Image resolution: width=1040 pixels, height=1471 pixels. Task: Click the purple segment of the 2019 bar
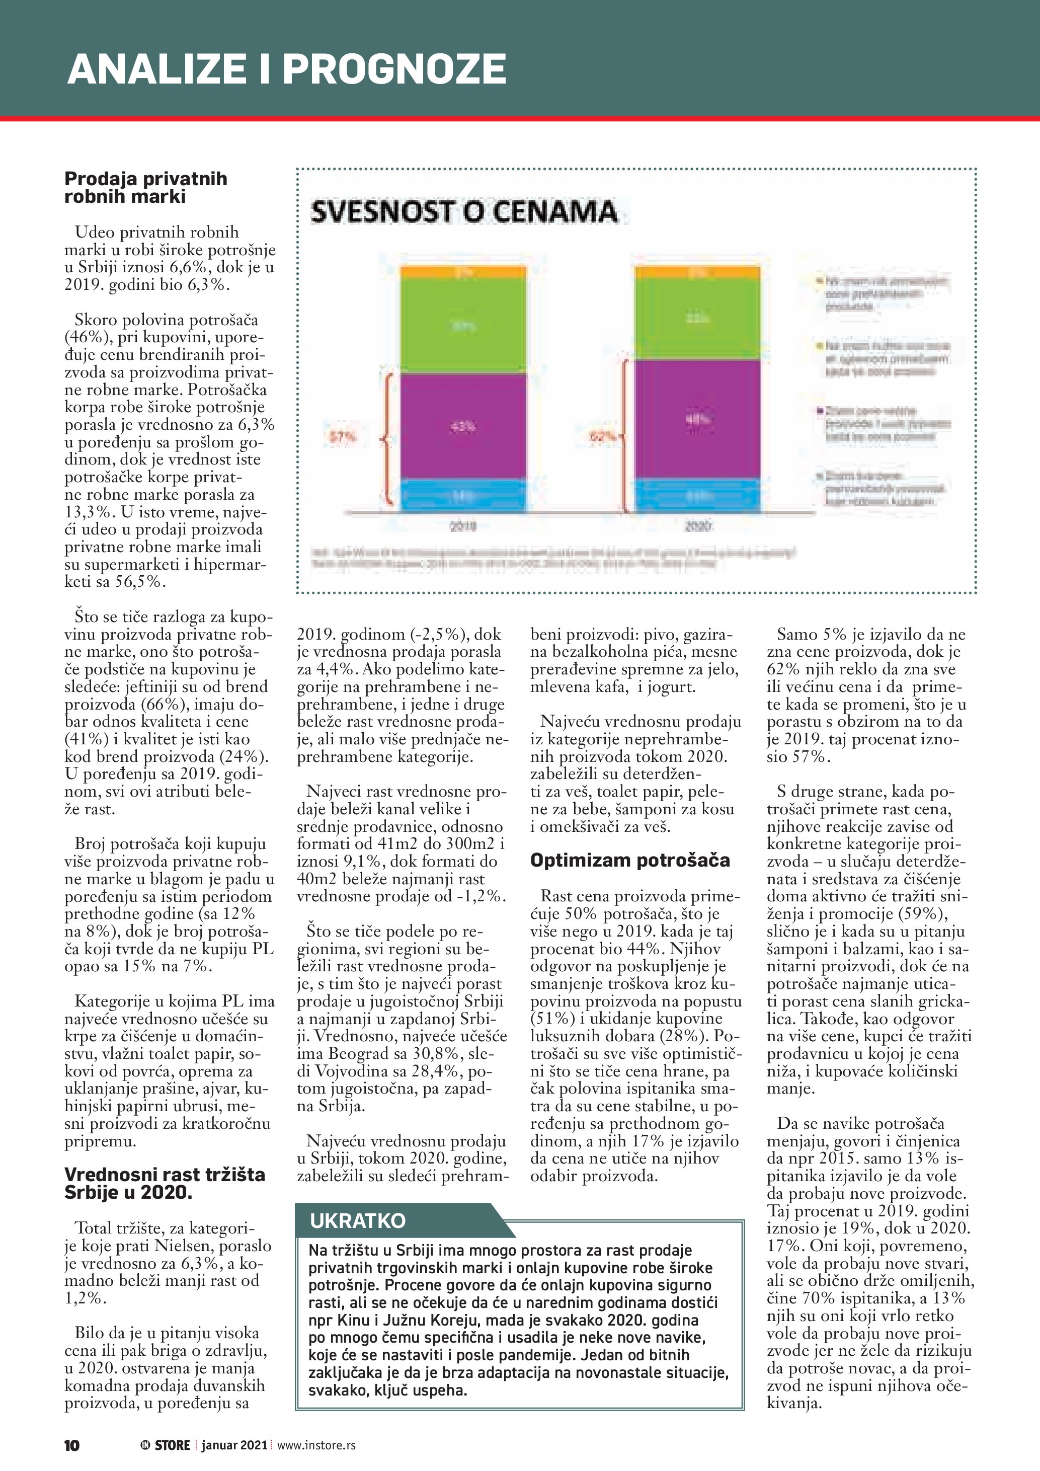tap(462, 426)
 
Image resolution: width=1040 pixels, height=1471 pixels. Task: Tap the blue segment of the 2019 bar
tap(462, 496)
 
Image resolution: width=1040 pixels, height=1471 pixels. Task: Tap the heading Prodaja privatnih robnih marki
tap(145, 187)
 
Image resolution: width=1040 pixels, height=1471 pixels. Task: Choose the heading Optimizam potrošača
tap(629, 860)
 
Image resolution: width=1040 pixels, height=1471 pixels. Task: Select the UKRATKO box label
tap(357, 1220)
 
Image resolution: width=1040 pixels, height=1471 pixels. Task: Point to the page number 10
tap(72, 1445)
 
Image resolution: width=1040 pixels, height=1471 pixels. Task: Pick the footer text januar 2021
tap(234, 1445)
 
